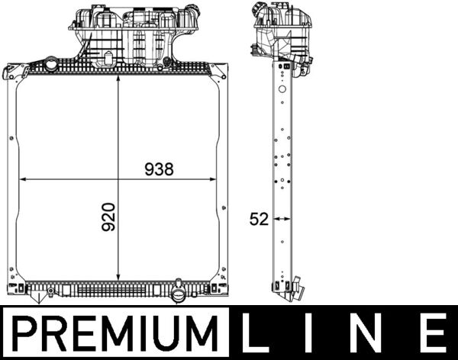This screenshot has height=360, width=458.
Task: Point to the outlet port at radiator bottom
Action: click(179, 294)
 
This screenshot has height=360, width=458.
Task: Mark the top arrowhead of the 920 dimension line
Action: click(118, 79)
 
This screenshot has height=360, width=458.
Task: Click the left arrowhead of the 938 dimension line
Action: click(21, 179)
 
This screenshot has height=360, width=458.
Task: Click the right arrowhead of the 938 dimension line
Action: click(213, 179)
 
